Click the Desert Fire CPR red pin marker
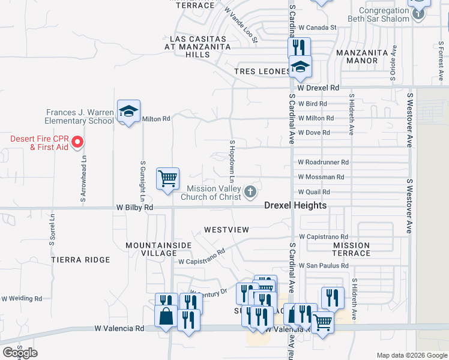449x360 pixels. (77, 142)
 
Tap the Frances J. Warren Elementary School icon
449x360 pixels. (128, 111)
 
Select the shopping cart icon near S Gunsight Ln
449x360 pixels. (167, 178)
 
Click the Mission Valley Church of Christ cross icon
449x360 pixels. (250, 192)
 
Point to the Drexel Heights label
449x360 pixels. (296, 205)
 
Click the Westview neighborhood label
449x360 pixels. (226, 230)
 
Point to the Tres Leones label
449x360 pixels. (262, 71)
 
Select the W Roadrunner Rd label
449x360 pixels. (323, 162)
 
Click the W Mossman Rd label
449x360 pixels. (321, 177)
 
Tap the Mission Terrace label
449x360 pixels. (351, 249)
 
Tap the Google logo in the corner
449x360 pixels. (20, 353)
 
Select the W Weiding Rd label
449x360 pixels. (22, 298)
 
